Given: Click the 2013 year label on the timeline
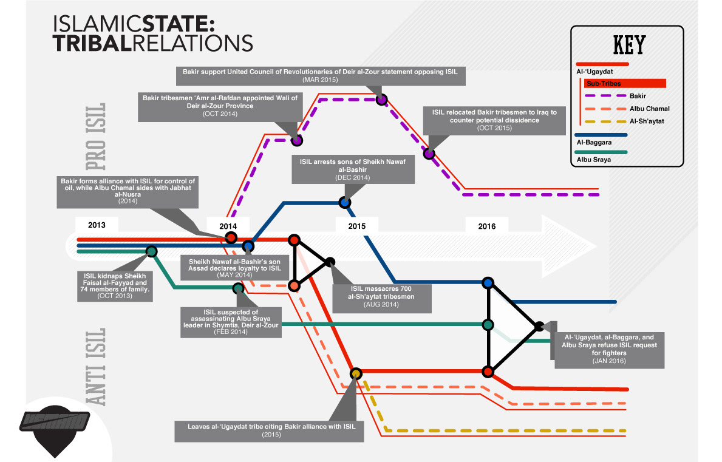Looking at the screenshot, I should pyautogui.click(x=97, y=225).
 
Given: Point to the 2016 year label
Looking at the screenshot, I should pyautogui.click(x=486, y=226).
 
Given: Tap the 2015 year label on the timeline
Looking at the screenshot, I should pyautogui.click(x=357, y=226).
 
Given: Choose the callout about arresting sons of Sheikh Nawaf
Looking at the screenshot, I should pyautogui.click(x=352, y=169).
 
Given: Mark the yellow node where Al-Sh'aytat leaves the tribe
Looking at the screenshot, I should pyautogui.click(x=356, y=373).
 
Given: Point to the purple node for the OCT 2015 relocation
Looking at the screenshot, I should pyautogui.click(x=429, y=154).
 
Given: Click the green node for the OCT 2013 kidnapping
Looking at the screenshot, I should pyautogui.click(x=151, y=251).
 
